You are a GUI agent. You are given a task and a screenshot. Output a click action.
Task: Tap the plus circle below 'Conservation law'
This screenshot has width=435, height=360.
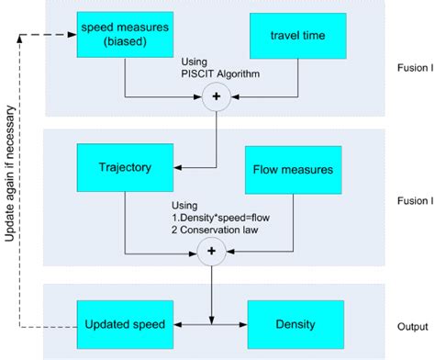tap(211, 250)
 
